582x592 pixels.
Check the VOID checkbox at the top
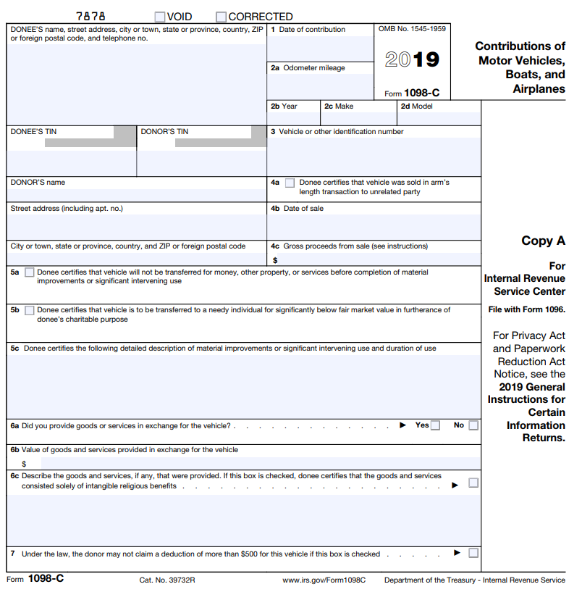tap(159, 17)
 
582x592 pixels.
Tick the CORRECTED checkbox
tap(222, 17)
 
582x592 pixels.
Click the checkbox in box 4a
tap(290, 183)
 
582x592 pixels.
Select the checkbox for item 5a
tap(29, 273)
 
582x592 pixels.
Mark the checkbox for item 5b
tap(29, 310)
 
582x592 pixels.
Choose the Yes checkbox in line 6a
tap(435, 425)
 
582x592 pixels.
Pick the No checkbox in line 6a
tap(473, 425)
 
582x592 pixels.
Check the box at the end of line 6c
tap(473, 483)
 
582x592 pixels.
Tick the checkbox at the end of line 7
tap(473, 554)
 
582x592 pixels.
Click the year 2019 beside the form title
tap(412, 59)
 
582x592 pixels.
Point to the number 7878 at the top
tap(90, 16)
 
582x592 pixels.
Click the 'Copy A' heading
tap(543, 241)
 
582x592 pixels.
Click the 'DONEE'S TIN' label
tap(33, 132)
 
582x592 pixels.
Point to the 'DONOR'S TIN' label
tap(164, 132)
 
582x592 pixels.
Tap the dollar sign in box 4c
tap(275, 260)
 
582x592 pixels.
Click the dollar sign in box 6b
tap(24, 464)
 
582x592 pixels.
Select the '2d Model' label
tap(417, 107)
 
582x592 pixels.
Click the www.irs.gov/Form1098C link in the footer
tap(324, 580)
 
